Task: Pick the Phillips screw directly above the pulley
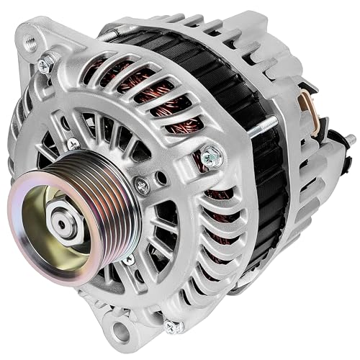click(x=72, y=145)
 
